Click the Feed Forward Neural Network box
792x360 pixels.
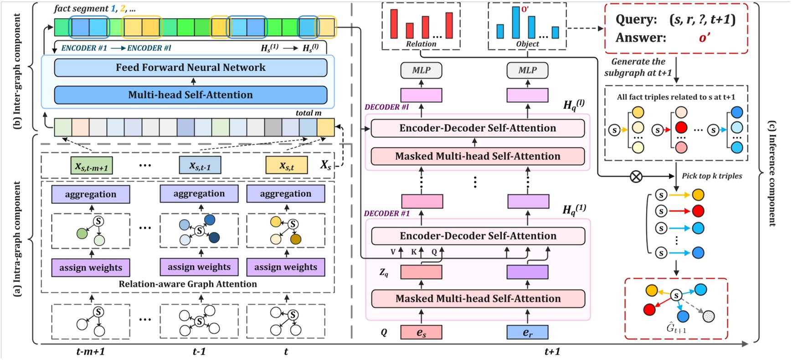pos(190,67)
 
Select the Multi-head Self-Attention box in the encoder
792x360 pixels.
pos(190,95)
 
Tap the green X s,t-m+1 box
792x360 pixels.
pos(92,166)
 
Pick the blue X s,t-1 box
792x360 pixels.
pos(200,165)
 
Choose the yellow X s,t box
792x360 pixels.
pos(286,165)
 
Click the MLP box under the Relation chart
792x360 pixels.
pos(421,70)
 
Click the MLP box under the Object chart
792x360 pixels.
pos(527,70)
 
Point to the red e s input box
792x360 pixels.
pos(421,333)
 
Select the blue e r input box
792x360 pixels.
pos(527,333)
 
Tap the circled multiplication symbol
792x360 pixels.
pos(636,176)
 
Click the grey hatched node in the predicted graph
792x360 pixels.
pos(708,316)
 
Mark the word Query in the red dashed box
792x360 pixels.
pos(636,20)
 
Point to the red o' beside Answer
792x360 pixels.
pos(704,38)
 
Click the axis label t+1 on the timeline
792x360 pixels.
pos(552,351)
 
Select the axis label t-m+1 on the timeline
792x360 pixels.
pos(91,351)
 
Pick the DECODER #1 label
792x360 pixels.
pos(387,213)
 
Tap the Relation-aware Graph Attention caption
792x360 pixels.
pos(188,284)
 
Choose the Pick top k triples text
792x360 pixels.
pos(712,176)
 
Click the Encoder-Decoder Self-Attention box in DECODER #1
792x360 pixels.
pos(478,236)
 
